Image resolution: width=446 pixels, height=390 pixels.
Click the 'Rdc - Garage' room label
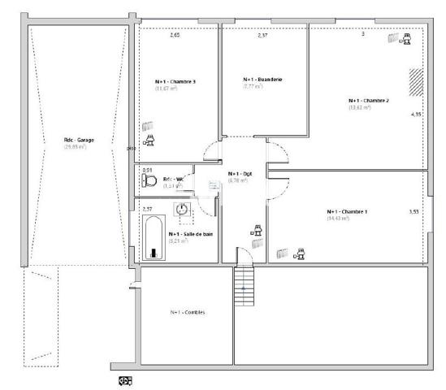(79, 140)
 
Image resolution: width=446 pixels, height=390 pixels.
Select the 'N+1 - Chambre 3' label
(175, 82)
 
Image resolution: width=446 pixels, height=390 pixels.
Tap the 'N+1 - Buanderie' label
(263, 80)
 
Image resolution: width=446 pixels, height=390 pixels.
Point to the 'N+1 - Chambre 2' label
(369, 101)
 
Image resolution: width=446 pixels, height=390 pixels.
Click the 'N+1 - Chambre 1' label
(347, 212)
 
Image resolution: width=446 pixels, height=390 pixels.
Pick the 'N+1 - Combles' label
(187, 313)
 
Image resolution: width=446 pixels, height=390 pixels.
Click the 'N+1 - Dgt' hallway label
(240, 174)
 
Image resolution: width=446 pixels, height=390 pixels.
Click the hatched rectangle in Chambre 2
(416, 81)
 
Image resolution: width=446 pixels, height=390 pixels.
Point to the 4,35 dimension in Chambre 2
(416, 115)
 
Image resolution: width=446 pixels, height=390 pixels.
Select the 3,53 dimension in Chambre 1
(414, 211)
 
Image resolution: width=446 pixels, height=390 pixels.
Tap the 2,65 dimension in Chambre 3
(174, 36)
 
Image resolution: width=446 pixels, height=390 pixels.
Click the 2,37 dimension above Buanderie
(262, 36)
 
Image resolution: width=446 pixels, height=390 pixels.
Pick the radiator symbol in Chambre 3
(148, 127)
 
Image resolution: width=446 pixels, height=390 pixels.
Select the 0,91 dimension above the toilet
(146, 171)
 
